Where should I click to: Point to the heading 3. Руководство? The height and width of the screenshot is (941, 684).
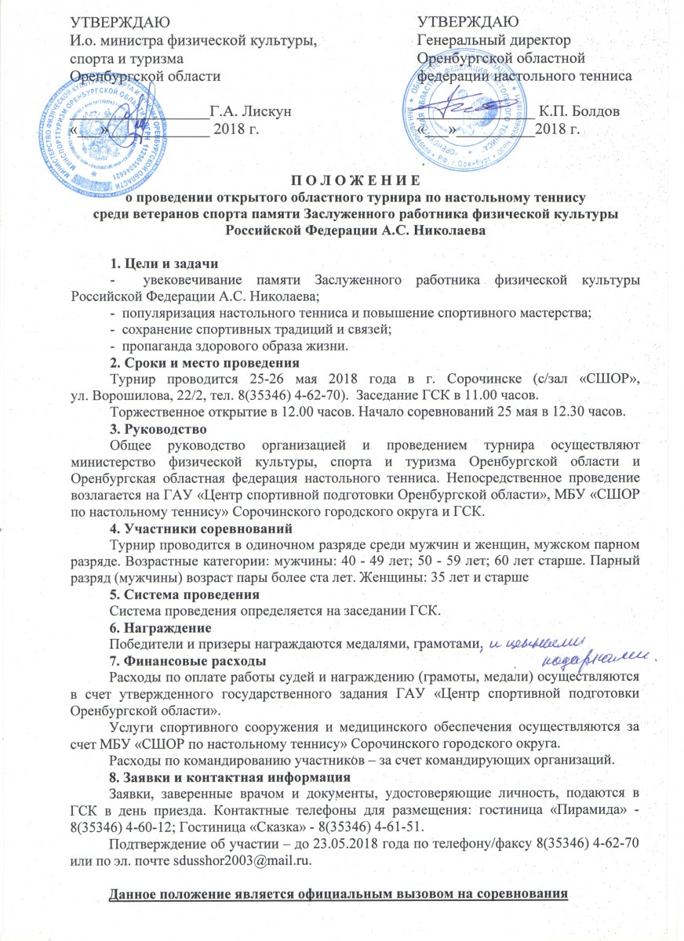coord(158,428)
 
